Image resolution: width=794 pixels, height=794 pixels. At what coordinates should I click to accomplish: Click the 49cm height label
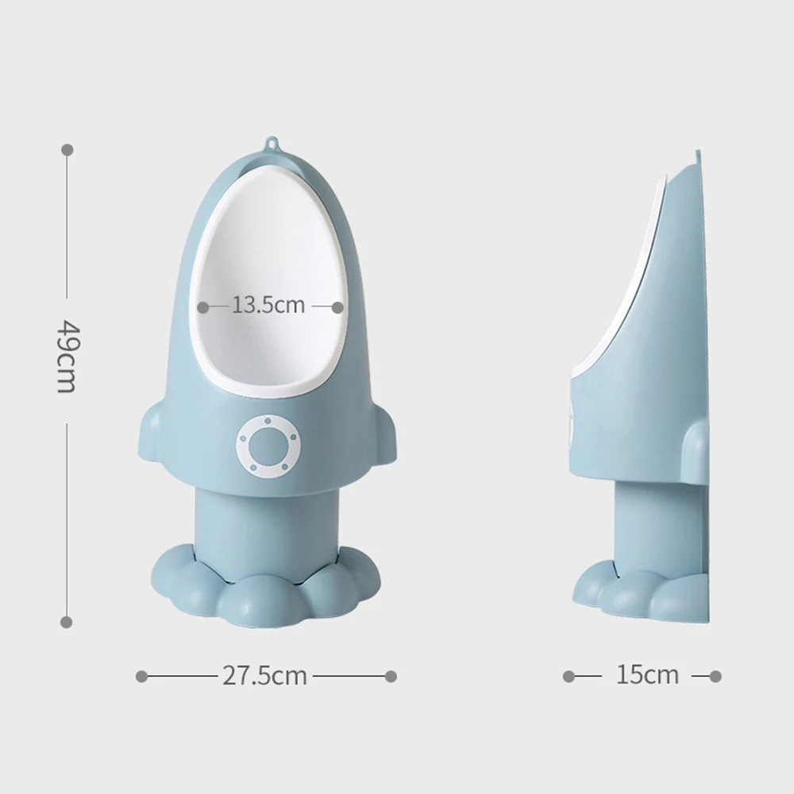67,357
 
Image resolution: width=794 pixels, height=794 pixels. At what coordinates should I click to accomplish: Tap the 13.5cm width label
268,306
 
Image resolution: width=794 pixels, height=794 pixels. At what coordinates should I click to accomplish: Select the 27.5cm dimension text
264,676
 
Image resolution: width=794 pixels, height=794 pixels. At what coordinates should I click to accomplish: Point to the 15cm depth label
647,676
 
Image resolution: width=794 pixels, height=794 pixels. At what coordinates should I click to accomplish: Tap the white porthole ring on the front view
268,447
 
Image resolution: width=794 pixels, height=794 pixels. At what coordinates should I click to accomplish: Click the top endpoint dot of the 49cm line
67,149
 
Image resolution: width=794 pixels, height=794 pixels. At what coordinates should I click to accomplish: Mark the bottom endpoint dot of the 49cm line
67,622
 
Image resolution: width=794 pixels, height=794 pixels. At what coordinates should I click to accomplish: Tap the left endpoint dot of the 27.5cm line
141,676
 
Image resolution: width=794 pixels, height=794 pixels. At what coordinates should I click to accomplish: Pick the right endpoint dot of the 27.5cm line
391,676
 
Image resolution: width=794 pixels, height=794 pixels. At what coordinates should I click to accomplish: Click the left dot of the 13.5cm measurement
203,306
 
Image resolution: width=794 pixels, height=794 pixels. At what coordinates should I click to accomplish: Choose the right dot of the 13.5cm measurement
338,306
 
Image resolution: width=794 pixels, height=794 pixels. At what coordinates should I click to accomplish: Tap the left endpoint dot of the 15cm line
569,676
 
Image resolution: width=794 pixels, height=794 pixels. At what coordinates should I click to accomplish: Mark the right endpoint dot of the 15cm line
715,676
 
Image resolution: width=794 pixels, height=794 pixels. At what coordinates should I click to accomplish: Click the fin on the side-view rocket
695,453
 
